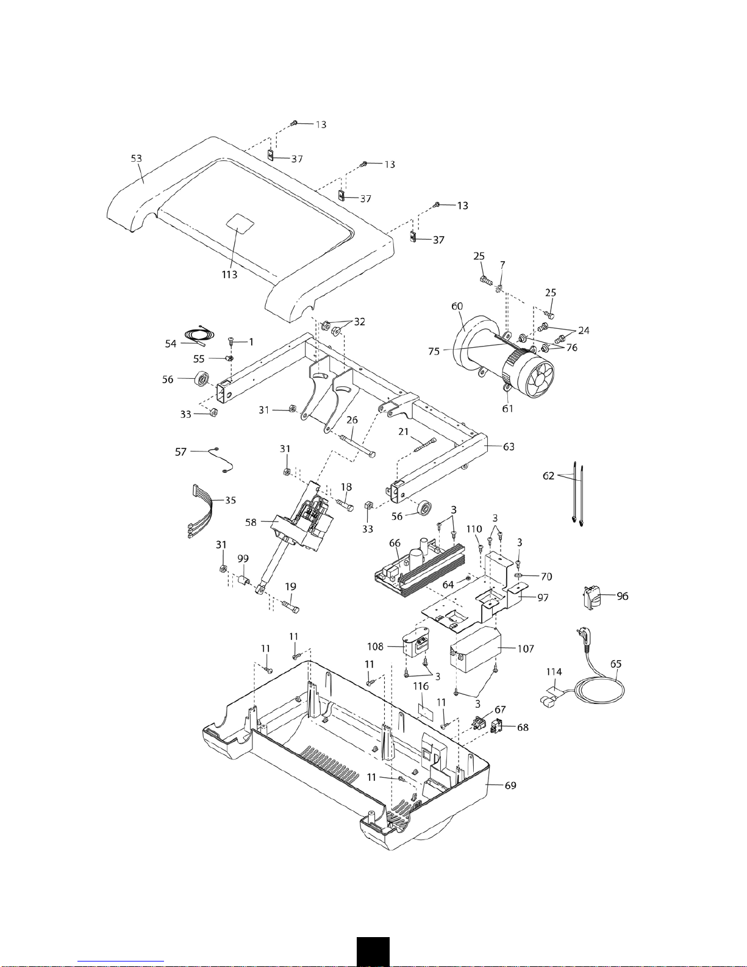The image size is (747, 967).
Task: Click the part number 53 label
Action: [136, 158]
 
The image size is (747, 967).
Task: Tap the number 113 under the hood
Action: [229, 275]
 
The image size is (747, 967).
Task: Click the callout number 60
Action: [457, 306]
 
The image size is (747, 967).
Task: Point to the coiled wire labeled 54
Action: [199, 335]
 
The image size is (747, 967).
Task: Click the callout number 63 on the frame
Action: [508, 447]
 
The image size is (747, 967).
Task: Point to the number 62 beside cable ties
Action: [548, 476]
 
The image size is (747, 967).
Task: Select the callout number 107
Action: [525, 649]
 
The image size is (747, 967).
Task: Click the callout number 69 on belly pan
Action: [510, 785]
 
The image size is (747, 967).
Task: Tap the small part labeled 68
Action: [496, 727]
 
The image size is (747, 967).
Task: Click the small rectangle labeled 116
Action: [426, 711]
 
